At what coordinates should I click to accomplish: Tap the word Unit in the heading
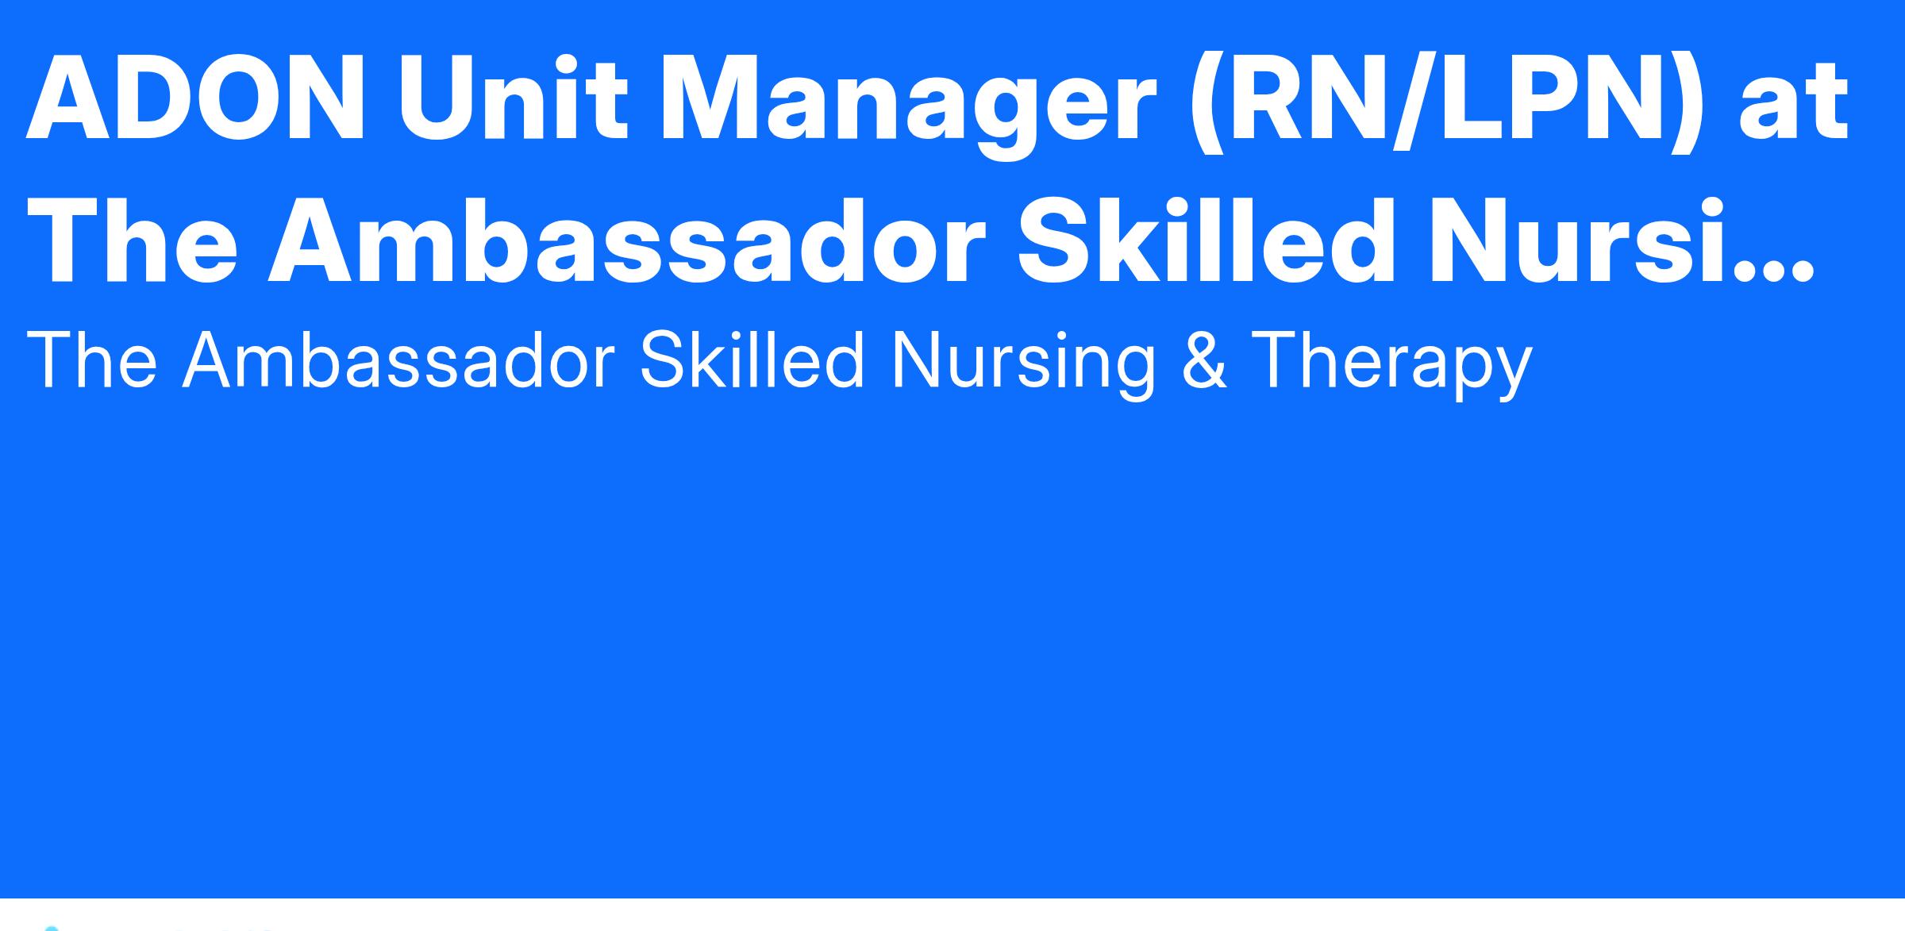tap(513, 98)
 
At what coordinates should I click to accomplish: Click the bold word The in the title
tap(132, 240)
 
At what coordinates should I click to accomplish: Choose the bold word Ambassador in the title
tap(627, 240)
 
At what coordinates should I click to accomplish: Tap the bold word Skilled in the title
tap(1206, 239)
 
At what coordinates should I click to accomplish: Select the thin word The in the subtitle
tap(92, 361)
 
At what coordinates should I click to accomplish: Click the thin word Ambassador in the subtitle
tap(398, 360)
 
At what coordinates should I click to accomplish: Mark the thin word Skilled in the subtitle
tap(752, 360)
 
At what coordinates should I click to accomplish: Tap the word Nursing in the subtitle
tap(1024, 366)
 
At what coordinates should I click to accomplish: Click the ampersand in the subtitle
tap(1204, 361)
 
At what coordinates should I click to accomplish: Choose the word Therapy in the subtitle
tap(1392, 366)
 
